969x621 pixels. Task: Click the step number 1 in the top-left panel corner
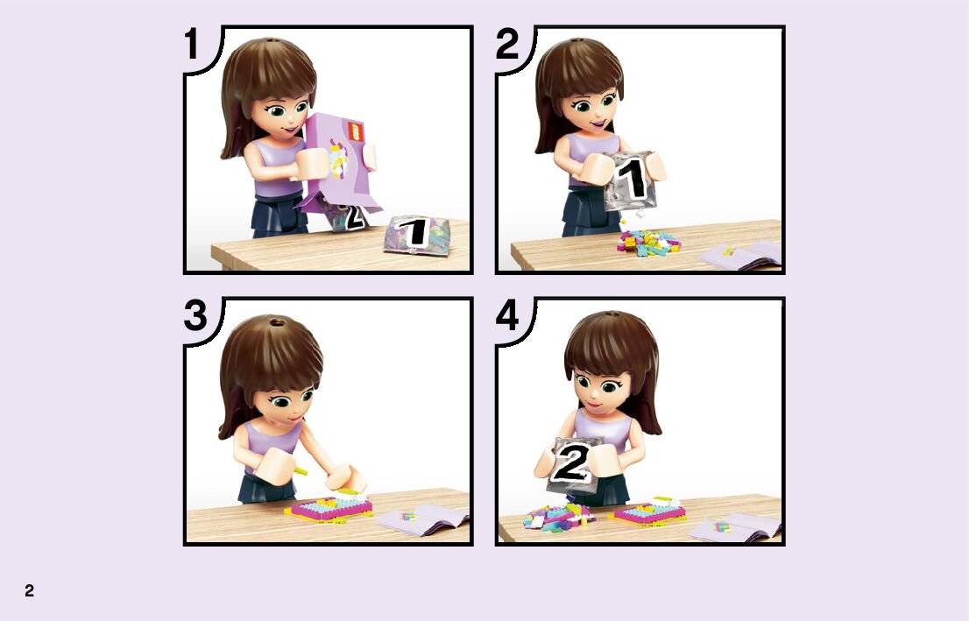[192, 45]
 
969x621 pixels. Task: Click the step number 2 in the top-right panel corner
[507, 45]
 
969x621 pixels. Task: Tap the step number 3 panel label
[195, 315]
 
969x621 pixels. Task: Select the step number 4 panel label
[508, 315]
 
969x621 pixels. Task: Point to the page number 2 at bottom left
[29, 590]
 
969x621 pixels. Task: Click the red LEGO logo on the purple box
[355, 131]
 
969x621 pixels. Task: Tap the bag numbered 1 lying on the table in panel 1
[416, 234]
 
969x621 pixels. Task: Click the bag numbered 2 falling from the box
[346, 216]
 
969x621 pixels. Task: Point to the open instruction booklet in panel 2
[740, 255]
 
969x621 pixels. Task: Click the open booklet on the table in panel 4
[734, 528]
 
